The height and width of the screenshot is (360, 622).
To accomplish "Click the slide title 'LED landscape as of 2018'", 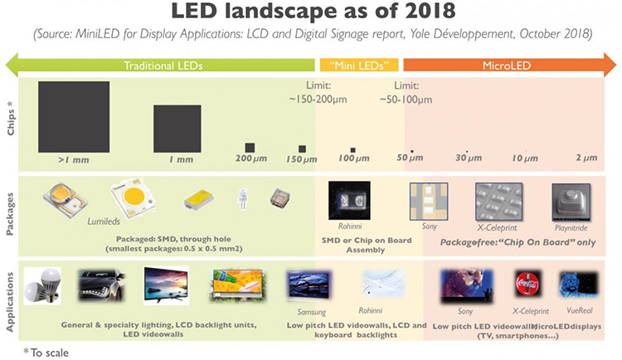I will (x=310, y=14).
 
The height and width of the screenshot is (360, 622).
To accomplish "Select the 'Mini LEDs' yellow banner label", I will (x=359, y=65).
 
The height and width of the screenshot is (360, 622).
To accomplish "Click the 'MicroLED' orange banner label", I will (x=508, y=65).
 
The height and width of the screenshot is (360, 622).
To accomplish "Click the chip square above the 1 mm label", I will (x=177, y=129).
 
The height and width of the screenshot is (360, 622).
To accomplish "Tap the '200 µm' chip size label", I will (x=247, y=158).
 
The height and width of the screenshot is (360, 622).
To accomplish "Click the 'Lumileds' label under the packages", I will (x=105, y=221).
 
